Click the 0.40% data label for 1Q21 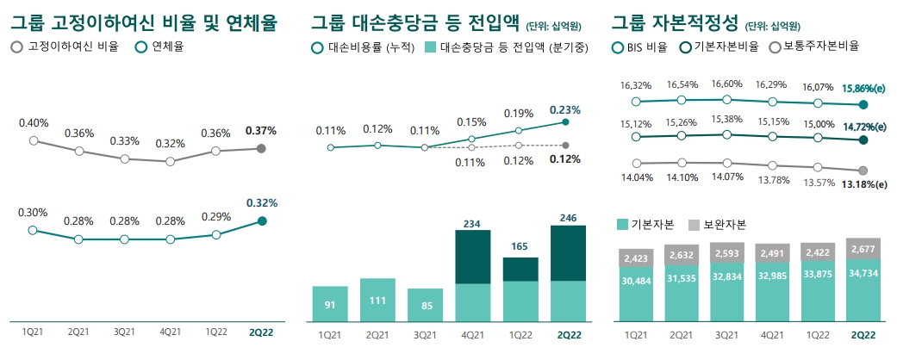[34, 123]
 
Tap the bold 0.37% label [260, 131]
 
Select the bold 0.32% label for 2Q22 [261, 203]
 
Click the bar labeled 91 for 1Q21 [330, 303]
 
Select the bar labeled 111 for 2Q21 [377, 299]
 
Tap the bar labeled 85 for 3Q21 [425, 304]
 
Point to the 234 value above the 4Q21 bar [471, 223]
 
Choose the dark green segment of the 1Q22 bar [519, 269]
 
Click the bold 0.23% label [564, 110]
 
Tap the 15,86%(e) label [863, 88]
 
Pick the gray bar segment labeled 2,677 [863, 250]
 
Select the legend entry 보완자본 [717, 224]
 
